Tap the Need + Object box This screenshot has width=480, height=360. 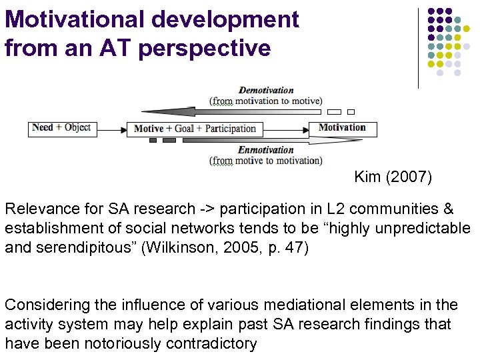click(62, 127)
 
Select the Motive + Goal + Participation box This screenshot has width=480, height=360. click(195, 129)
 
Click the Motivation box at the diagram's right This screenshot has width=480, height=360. click(342, 128)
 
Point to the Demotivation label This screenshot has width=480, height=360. click(266, 90)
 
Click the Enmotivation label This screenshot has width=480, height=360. click(265, 150)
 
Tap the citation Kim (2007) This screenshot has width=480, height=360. click(393, 177)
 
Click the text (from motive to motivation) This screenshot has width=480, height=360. click(265, 161)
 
